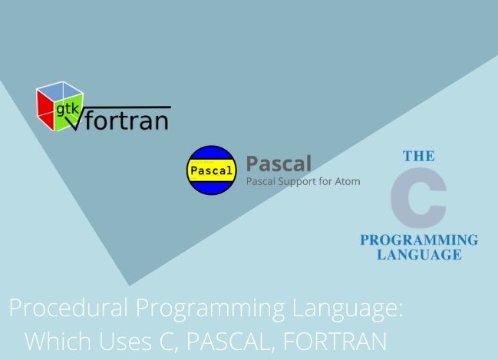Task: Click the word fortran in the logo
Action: pos(127,120)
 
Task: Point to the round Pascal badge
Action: pos(211,170)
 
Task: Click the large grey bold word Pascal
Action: pos(279,163)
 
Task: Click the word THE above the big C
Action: pos(419,156)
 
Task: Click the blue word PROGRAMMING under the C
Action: pos(419,240)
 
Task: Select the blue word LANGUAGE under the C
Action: pos(419,255)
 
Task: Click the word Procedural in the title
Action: pos(68,307)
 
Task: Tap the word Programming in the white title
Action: pos(210,309)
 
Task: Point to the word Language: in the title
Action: pos(348,309)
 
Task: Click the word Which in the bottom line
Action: pos(58,341)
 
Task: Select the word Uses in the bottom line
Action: pos(125,341)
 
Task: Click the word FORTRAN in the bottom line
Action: pos(335,341)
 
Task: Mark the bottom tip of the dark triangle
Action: pos(129,286)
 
